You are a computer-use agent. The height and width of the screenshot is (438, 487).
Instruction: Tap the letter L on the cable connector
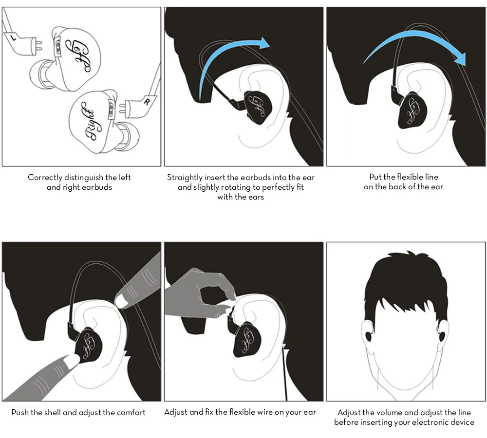click(13, 37)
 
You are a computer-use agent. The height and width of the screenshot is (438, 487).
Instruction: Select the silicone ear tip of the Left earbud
click(39, 75)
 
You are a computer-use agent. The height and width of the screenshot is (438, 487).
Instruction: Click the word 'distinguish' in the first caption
click(83, 178)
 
